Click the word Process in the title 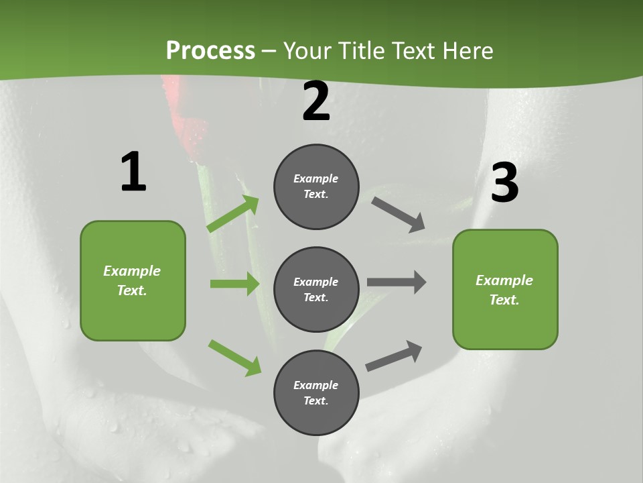210,51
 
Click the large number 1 133,172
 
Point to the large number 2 316,101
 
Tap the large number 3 504,183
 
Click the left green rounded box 133,280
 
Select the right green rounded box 505,289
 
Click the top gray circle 316,186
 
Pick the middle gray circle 316,289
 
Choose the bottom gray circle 316,392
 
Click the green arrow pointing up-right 233,214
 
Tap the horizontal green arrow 234,284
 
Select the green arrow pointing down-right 234,358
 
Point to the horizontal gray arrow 397,282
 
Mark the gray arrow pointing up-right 394,356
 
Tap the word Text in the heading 415,51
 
